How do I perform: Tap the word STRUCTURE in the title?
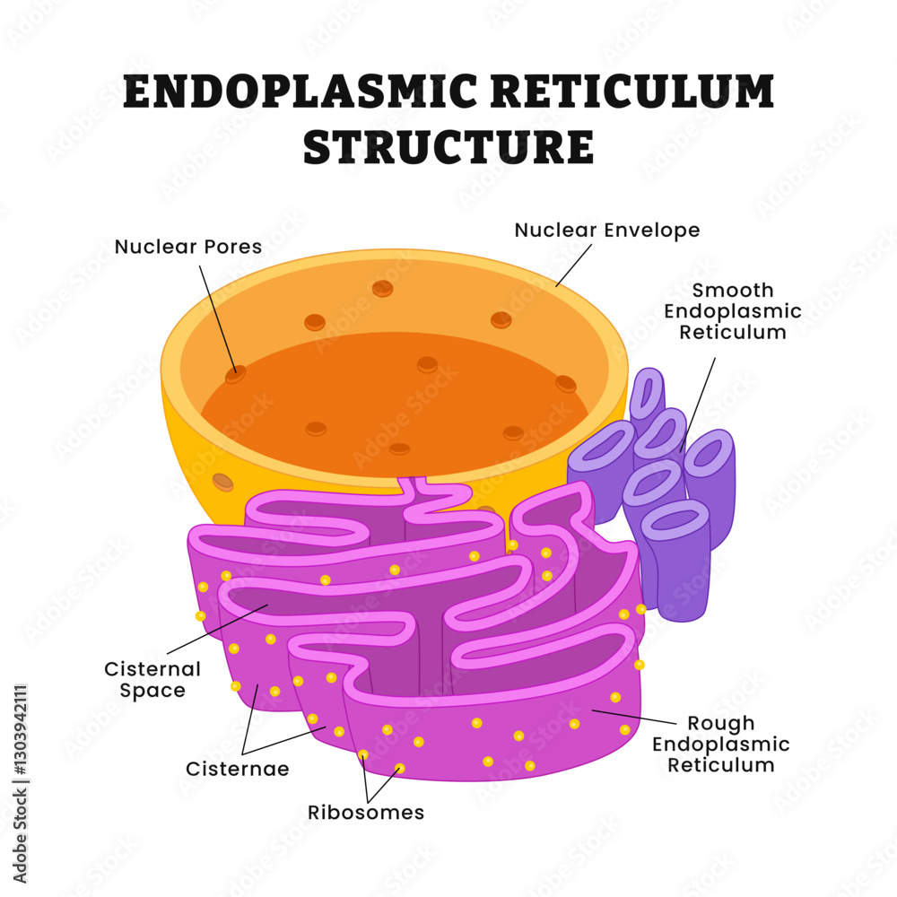448,147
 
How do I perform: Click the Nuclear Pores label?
188,247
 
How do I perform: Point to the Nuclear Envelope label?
607,231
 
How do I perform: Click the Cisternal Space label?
152,680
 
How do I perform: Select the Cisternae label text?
237,770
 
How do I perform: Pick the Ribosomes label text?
366,813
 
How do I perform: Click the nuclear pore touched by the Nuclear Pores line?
235,374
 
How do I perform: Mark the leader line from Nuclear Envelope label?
574,265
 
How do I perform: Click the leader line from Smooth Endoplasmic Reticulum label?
699,404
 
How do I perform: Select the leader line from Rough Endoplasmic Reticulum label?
632,717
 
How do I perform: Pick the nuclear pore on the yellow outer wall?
222,482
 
